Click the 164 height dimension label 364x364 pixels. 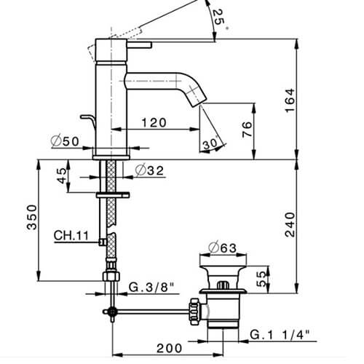coord(290,100)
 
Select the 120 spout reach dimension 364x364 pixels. coord(154,122)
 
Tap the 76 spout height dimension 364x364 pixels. coord(248,130)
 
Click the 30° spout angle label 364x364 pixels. coord(211,143)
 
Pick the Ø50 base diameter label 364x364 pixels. coord(65,141)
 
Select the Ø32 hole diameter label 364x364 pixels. coord(149,170)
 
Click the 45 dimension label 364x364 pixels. coord(61,175)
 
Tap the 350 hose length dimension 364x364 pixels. coord(32,217)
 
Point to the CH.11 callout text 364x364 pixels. coord(71,235)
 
